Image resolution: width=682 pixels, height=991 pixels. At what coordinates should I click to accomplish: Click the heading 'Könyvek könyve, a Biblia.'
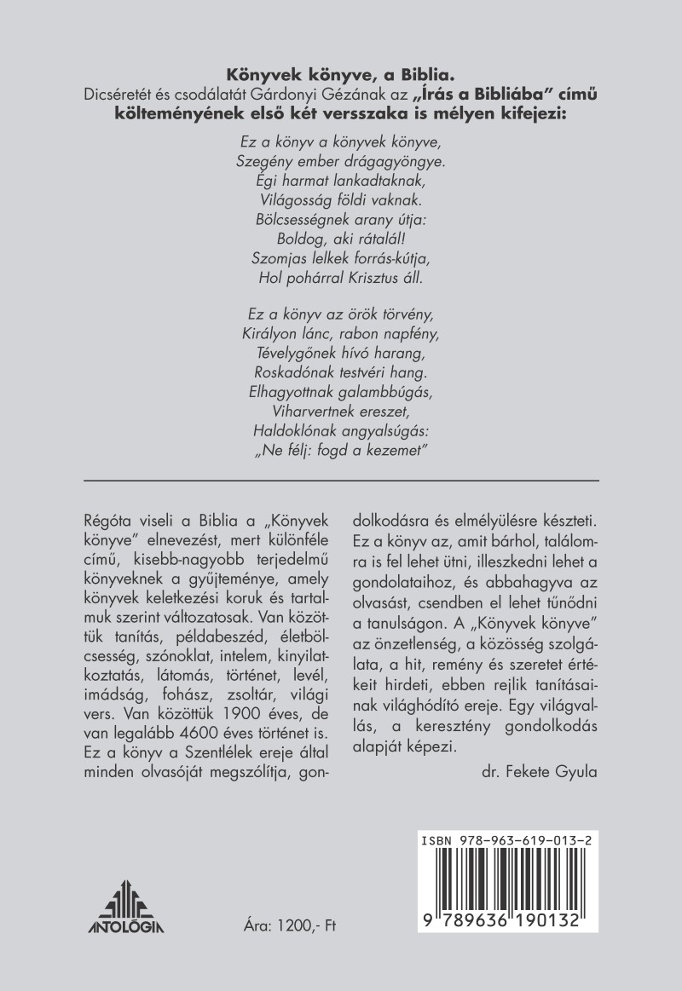340,74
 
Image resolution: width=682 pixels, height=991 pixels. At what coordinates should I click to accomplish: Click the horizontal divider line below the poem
341,480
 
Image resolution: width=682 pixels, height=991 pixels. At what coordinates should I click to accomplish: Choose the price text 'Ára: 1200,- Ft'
291,927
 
